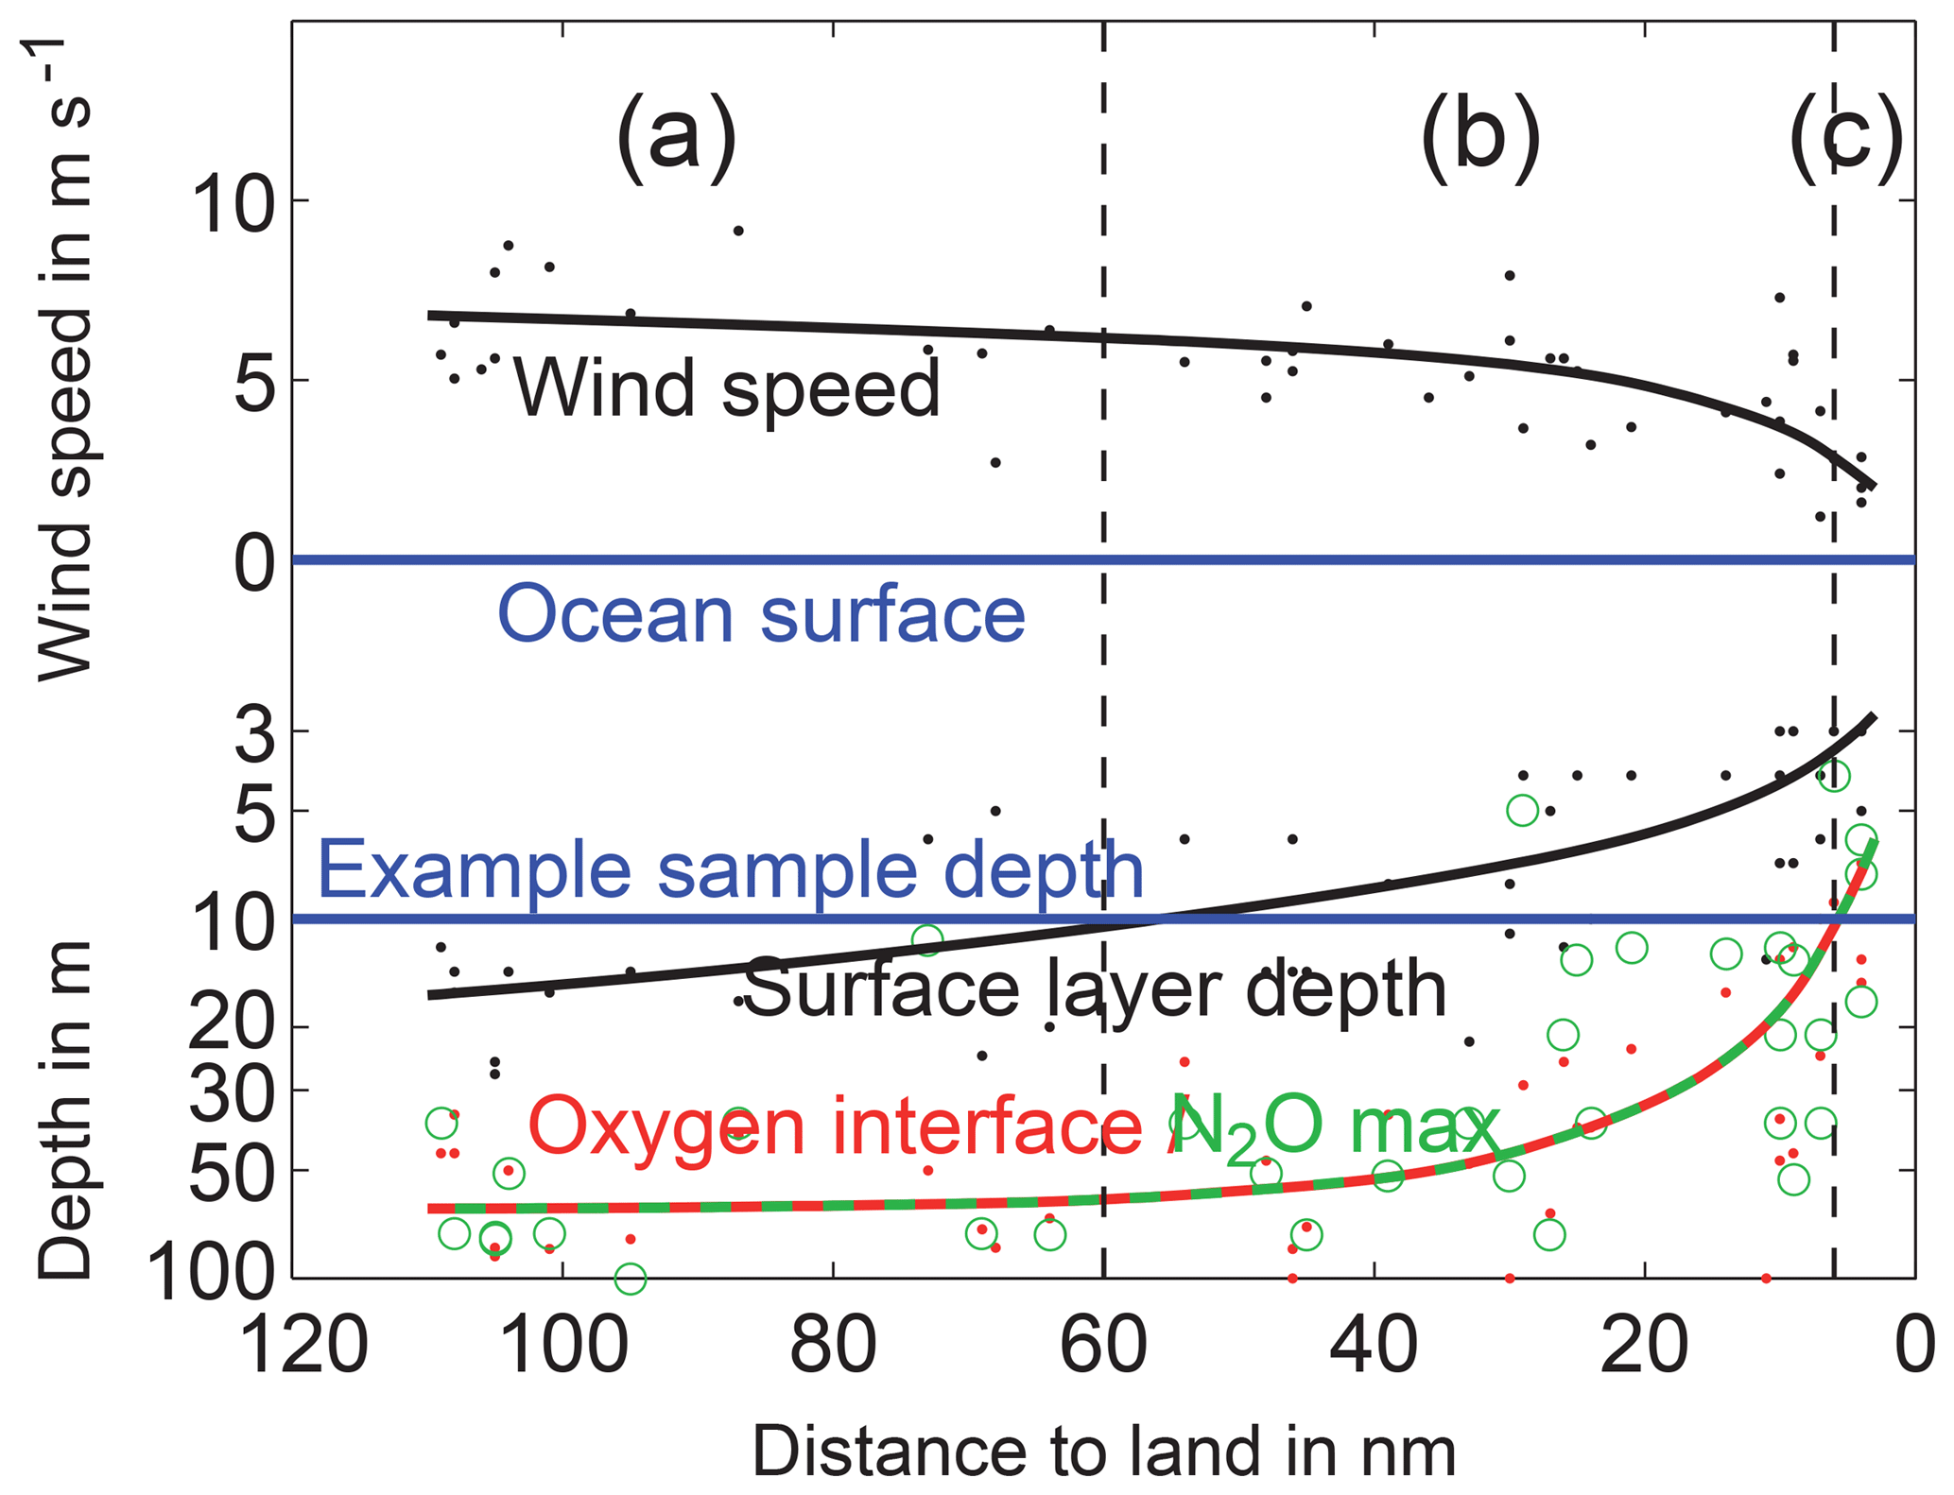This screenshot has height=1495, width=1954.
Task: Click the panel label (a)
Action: (676, 139)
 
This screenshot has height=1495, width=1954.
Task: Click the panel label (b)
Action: (1480, 139)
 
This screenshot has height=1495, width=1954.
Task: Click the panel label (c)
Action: (1846, 139)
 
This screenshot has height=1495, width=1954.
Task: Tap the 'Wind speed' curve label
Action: (726, 388)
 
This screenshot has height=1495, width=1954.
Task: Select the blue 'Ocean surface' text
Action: (761, 615)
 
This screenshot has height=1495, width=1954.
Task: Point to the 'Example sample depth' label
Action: (730, 870)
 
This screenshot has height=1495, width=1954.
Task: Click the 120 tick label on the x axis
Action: (303, 1346)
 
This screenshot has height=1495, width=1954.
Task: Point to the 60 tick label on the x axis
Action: (1103, 1346)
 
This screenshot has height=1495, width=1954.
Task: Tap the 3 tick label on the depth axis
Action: (254, 735)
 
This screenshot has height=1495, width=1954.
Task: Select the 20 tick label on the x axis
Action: (1644, 1346)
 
